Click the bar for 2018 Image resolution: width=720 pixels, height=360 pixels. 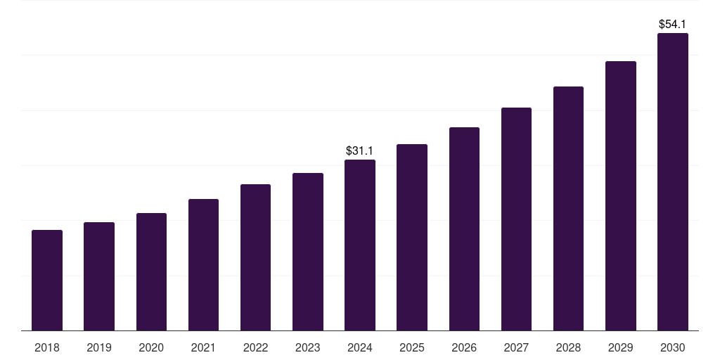click(x=47, y=280)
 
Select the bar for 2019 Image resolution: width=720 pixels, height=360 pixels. click(x=99, y=276)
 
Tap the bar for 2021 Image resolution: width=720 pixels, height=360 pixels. click(x=203, y=264)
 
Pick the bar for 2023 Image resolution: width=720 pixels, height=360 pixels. click(x=308, y=252)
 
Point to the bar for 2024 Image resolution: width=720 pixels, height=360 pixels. click(x=360, y=245)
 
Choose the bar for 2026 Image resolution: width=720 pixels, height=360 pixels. click(x=464, y=229)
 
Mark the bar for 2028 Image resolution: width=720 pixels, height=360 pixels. click(x=568, y=208)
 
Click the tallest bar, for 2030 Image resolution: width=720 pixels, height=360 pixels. click(x=673, y=181)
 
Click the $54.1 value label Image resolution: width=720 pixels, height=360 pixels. click(x=673, y=24)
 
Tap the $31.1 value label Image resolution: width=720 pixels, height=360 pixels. click(x=360, y=150)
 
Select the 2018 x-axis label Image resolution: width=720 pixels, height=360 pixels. click(x=47, y=347)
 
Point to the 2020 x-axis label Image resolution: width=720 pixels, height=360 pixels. click(x=151, y=347)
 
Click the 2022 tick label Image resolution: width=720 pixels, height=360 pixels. click(x=255, y=347)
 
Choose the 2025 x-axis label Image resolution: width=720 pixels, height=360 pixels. click(x=412, y=347)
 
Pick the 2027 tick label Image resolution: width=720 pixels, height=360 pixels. click(x=516, y=347)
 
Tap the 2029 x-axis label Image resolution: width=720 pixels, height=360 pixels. click(x=620, y=347)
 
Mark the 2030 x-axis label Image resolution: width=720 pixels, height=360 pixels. click(x=673, y=347)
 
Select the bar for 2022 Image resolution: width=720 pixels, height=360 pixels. click(x=255, y=257)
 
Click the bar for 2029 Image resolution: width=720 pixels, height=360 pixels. click(x=621, y=195)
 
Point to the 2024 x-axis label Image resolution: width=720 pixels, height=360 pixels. click(x=360, y=347)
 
